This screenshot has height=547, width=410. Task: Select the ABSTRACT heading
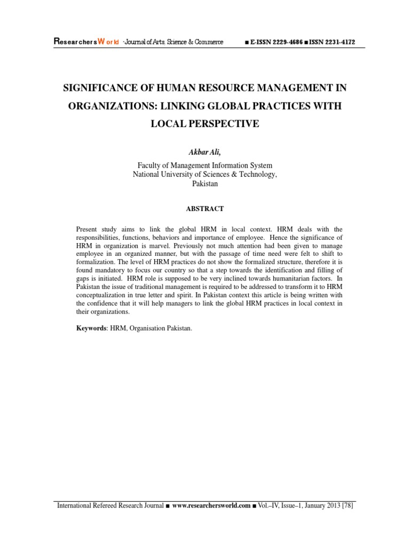pos(205,209)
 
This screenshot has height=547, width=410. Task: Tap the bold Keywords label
pos(91,329)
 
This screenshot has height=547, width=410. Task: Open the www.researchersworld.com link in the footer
pos(211,506)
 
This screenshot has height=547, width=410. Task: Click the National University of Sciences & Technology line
pos(205,175)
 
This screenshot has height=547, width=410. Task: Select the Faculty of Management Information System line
pos(205,166)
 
